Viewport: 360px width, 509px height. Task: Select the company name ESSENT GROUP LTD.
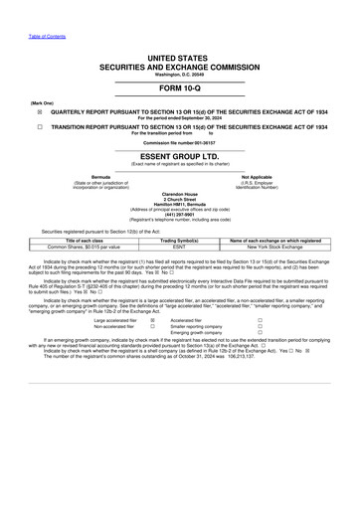pyautogui.click(x=180, y=155)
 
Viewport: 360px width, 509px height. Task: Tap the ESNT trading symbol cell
pyautogui.click(x=180, y=247)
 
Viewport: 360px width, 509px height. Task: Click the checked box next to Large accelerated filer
pyautogui.click(x=152, y=321)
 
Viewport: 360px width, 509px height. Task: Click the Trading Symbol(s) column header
pyautogui.click(x=180, y=241)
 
